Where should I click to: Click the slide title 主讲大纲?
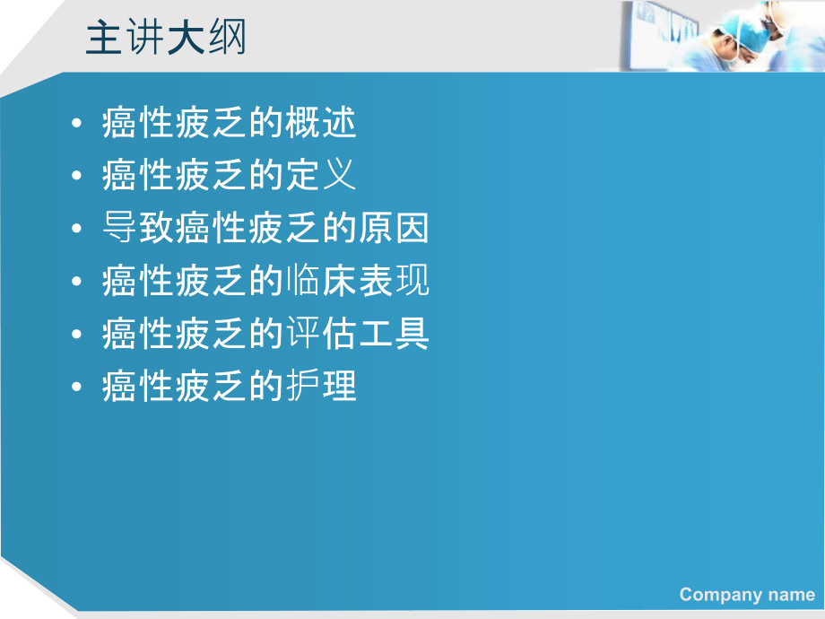(166, 39)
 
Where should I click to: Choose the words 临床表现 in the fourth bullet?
(357, 281)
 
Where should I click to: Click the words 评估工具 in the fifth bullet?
(357, 334)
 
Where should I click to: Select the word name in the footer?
(794, 594)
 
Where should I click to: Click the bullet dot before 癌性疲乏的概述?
(79, 124)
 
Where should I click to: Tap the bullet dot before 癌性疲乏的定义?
(79, 176)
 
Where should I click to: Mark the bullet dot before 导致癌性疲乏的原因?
(79, 229)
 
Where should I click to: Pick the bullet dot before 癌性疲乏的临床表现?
(79, 282)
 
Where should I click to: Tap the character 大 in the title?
(186, 39)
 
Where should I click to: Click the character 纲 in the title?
(227, 39)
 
